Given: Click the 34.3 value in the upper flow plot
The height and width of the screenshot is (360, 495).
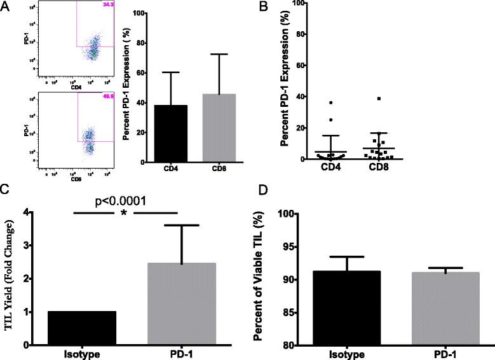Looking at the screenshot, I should [x=105, y=6].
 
